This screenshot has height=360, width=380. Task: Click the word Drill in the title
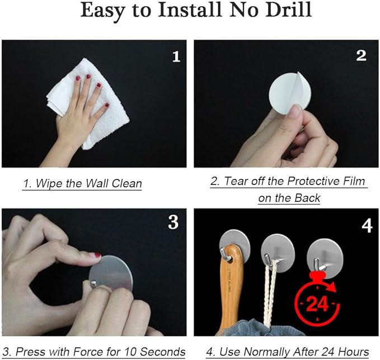[288, 10]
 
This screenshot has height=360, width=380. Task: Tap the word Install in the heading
[190, 10]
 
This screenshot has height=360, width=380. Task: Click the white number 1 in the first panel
[176, 56]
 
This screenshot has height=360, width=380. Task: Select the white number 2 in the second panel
[361, 56]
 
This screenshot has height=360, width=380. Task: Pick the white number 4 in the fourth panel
[367, 226]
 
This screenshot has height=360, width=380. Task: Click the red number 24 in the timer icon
[317, 304]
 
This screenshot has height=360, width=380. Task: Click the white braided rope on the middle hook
[270, 293]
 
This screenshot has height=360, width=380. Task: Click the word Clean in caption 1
[126, 183]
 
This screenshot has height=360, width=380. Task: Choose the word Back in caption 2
[308, 198]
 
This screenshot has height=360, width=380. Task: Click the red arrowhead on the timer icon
[332, 288]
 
